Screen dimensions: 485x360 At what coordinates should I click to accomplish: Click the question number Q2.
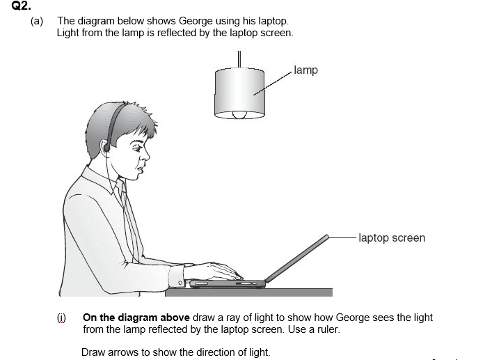[x=21, y=6]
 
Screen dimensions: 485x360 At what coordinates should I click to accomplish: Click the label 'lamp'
[x=305, y=70]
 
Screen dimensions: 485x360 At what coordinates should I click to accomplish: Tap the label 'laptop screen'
[x=392, y=238]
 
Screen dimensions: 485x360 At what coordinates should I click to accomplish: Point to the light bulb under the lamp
[x=239, y=115]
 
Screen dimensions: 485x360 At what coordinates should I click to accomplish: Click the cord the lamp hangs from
[x=239, y=59]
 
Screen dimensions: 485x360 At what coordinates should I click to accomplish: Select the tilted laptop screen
[x=297, y=259]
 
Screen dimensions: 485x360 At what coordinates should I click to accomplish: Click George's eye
[x=138, y=148]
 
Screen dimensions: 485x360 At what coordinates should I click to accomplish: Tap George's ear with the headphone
[x=105, y=146]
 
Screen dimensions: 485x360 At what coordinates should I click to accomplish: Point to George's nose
[x=145, y=155]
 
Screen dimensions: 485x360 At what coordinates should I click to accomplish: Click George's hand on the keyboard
[x=214, y=272]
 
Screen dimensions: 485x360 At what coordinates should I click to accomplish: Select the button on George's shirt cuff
[x=180, y=282]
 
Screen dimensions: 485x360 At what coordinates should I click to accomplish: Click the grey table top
[x=248, y=292]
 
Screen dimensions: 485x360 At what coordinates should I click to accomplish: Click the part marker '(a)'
[x=37, y=21]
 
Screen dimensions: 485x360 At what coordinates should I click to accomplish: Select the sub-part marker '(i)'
[x=61, y=318]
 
